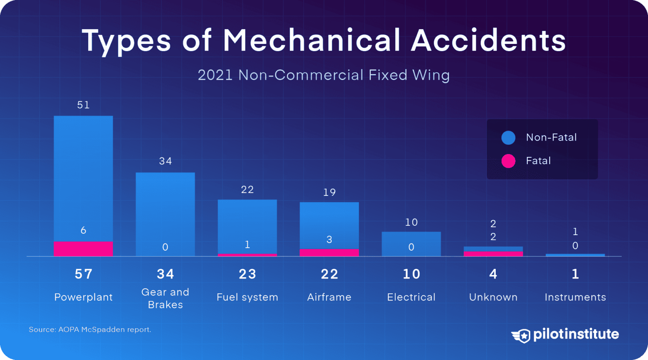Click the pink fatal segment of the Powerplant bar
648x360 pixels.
coord(83,249)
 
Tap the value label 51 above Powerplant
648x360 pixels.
coord(83,105)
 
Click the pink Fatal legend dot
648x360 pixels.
coord(508,161)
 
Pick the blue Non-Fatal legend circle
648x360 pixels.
coord(508,138)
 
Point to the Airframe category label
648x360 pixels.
coord(329,297)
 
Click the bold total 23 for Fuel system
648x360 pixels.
coord(247,274)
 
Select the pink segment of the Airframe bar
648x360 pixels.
coord(329,252)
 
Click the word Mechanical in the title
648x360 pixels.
coord(311,41)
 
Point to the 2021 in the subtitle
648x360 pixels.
coord(215,75)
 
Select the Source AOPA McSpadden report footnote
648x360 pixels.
coord(90,329)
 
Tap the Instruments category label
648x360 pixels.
coord(575,297)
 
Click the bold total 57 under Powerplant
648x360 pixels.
coord(83,274)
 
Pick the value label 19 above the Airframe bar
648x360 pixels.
coord(329,192)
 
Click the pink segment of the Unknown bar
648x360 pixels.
coord(493,254)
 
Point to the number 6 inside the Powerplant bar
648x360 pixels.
coord(83,230)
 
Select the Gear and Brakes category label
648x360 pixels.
coord(165,298)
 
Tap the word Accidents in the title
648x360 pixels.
coord(488,41)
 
